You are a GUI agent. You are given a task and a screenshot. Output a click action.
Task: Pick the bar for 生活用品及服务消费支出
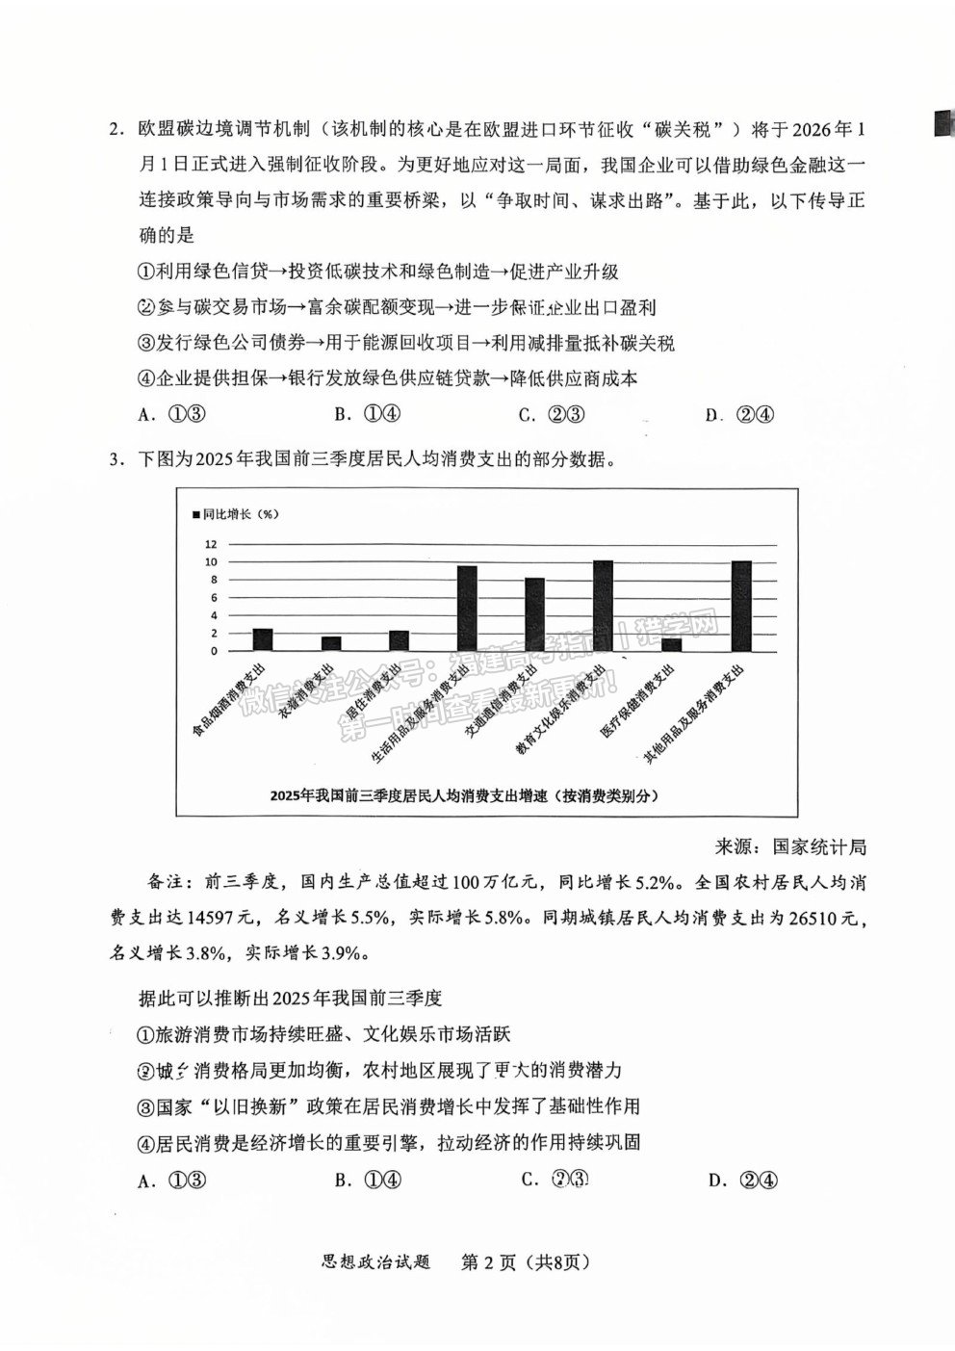point(467,609)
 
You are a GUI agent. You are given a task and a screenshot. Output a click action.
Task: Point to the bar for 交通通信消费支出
point(534,614)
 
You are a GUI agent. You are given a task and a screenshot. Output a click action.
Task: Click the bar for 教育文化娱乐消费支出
point(603,606)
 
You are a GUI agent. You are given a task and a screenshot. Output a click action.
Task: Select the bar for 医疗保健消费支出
point(671,644)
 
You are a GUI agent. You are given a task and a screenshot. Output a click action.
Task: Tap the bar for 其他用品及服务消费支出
point(740,606)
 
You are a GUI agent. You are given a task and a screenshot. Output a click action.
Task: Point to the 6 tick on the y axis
point(213,598)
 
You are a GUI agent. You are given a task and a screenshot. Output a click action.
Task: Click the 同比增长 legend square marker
point(196,514)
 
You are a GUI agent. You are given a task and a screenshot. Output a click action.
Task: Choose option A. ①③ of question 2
point(174,414)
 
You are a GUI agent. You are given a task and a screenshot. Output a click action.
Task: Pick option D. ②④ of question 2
point(740,415)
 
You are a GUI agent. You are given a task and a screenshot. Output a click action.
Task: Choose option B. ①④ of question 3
point(369,1180)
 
